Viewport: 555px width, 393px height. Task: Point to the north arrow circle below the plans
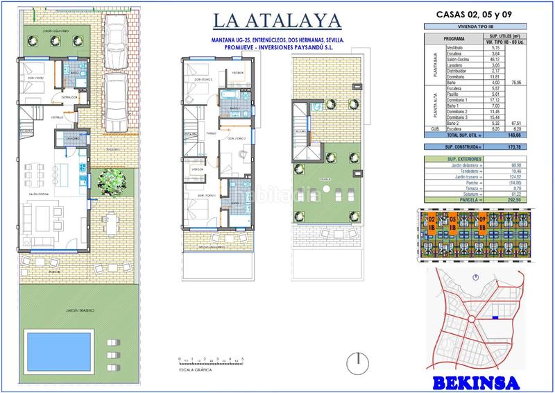pos(357,362)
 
